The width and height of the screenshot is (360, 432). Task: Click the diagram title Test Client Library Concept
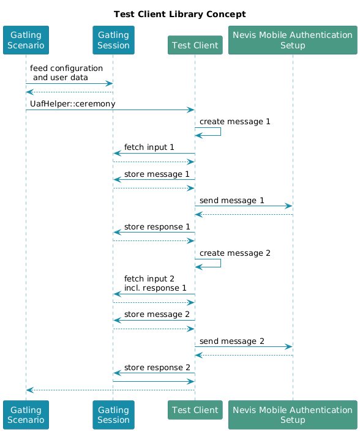tap(180, 14)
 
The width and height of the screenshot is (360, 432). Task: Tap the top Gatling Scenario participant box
tap(26, 40)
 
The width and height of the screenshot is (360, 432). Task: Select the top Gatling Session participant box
tap(113, 40)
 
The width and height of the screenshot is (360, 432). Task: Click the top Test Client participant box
tap(195, 45)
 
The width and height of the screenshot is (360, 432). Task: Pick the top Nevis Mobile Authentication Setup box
tap(293, 40)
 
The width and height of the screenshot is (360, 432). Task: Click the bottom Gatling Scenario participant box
tap(26, 415)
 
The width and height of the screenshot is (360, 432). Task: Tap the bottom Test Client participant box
tap(195, 410)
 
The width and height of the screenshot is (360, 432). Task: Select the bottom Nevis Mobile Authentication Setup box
tap(293, 415)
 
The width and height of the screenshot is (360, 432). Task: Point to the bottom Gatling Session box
tap(113, 415)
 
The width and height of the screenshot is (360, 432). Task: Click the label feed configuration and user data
tap(66, 73)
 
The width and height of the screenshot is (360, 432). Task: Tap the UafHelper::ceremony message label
tap(72, 104)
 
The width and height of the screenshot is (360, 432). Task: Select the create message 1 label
tap(235, 122)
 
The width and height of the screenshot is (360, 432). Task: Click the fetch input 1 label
tap(149, 147)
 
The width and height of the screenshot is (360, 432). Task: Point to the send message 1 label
tap(232, 200)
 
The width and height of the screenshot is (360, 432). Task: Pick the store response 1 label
tap(157, 227)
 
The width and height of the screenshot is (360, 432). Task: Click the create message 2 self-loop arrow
tap(220, 263)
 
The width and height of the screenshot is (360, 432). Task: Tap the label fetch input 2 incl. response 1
tap(155, 283)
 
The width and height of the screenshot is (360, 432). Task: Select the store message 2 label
tap(157, 314)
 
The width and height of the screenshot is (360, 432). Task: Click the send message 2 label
tap(232, 341)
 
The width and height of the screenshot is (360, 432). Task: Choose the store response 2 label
tap(157, 367)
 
